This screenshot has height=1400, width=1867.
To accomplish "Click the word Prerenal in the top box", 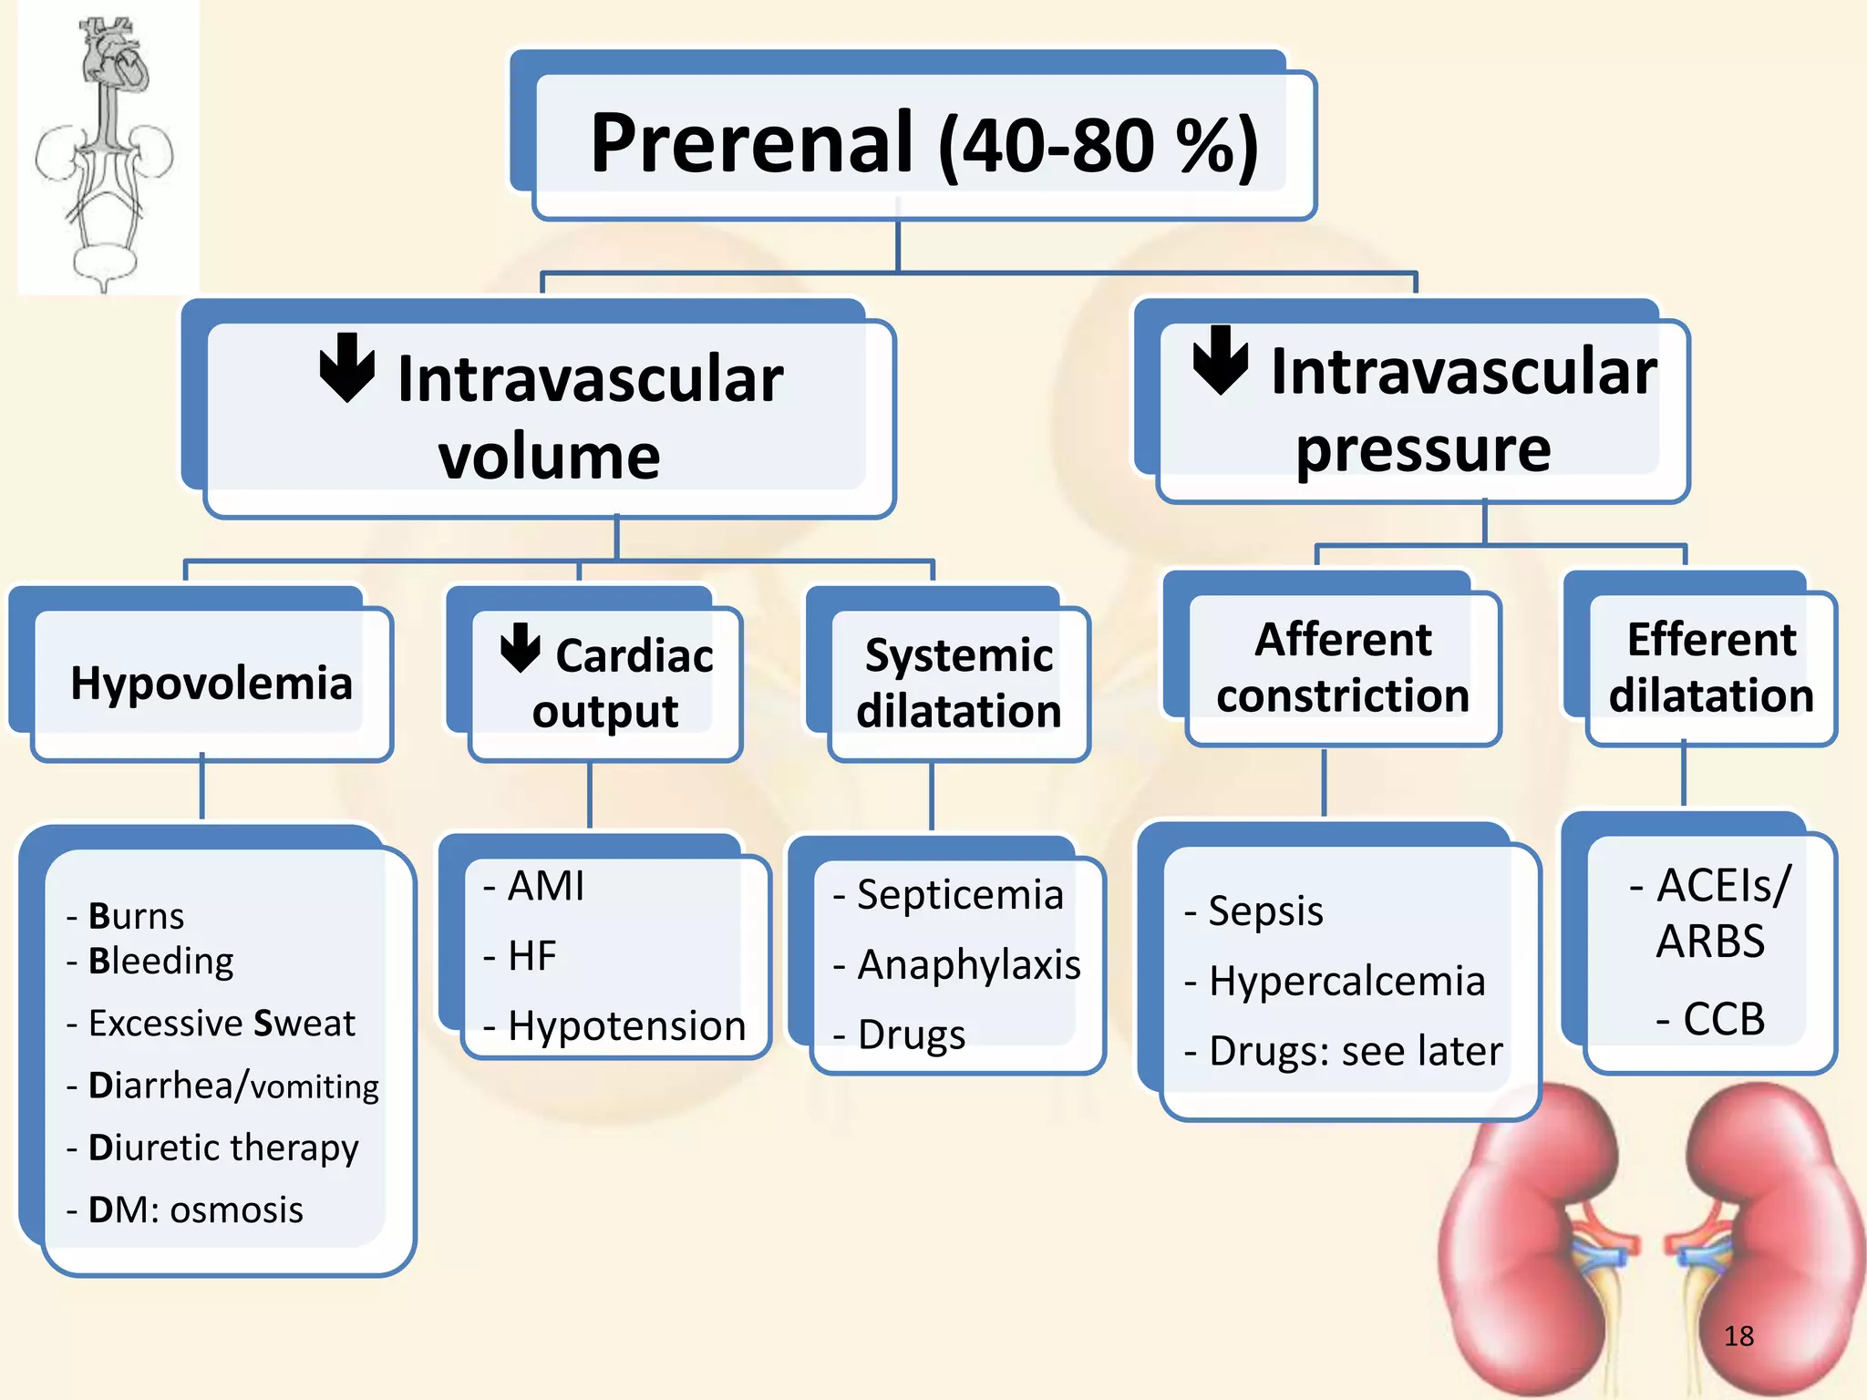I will tap(751, 143).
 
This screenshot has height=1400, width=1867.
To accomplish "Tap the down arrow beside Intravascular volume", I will tap(347, 367).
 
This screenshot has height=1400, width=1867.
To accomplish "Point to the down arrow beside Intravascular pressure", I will tap(1221, 359).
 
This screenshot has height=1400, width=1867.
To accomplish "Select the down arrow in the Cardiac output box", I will tap(521, 648).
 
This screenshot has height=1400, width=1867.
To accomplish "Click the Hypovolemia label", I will tap(211, 683).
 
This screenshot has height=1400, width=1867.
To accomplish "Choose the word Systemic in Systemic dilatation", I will tap(959, 655).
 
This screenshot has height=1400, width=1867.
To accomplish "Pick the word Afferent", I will tap(1343, 640).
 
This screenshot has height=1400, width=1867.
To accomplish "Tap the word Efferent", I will tap(1711, 640).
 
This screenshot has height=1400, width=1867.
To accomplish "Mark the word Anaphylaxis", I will tap(968, 964).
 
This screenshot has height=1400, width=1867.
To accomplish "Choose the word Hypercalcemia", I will tap(1346, 982).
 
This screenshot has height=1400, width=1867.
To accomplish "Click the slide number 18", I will tap(1738, 1336).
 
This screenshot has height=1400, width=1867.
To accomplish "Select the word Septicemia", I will tap(960, 895).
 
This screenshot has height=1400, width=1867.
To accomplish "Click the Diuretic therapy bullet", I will tap(222, 1148).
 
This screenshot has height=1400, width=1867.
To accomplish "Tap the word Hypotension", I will tap(626, 1026).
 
